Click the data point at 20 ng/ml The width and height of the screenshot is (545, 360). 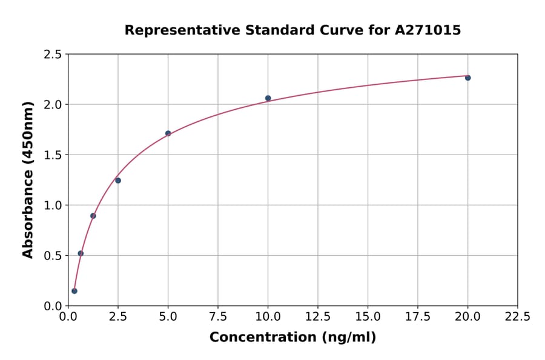pyautogui.click(x=467, y=78)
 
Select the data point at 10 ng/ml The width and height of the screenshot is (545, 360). pyautogui.click(x=268, y=98)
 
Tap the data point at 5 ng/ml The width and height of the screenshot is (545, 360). pyautogui.click(x=168, y=133)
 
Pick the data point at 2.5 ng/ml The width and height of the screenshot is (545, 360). pyautogui.click(x=118, y=181)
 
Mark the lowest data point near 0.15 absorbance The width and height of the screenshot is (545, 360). pyautogui.click(x=74, y=291)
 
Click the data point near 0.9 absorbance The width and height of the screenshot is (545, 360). pyautogui.click(x=93, y=216)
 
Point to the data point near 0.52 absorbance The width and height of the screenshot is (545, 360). pyautogui.click(x=81, y=253)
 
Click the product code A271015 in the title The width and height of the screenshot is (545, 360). pyautogui.click(x=428, y=30)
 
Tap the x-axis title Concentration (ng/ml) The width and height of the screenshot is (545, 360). pyautogui.click(x=292, y=338)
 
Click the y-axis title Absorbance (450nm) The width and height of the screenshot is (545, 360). pyautogui.click(x=28, y=179)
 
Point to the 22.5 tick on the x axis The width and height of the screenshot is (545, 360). pyautogui.click(x=518, y=316)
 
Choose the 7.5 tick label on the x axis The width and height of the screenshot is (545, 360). pyautogui.click(x=218, y=316)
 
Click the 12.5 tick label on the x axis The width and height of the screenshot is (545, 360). pyautogui.click(x=318, y=316)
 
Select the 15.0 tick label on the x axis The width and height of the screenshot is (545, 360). pyautogui.click(x=368, y=316)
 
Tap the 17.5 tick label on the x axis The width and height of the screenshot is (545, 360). pyautogui.click(x=418, y=316)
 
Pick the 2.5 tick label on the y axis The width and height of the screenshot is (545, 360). pyautogui.click(x=53, y=55)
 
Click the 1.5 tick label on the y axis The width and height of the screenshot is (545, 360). pyautogui.click(x=53, y=155)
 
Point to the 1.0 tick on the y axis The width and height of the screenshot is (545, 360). pyautogui.click(x=53, y=205)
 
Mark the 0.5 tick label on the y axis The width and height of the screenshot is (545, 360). pyautogui.click(x=53, y=256)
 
